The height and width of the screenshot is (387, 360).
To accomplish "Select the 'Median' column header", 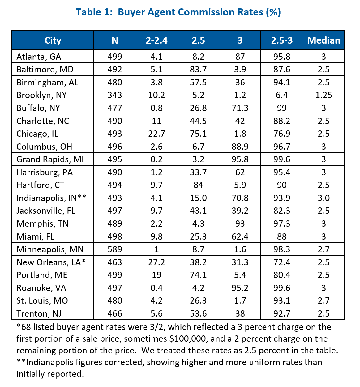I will click(324, 40).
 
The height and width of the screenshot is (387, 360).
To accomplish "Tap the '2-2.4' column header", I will click(156, 40).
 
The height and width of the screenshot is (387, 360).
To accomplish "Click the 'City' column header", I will click(53, 40).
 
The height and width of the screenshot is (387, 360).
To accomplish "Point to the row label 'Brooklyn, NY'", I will click(41, 95).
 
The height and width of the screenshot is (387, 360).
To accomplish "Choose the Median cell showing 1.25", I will click(324, 95).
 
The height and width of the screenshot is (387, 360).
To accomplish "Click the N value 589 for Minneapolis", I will click(115, 249).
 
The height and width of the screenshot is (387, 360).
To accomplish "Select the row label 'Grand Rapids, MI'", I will click(50, 159).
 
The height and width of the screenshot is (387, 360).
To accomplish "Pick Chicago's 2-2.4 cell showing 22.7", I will click(156, 134).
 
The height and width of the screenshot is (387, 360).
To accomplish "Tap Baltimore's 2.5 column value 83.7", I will click(198, 70).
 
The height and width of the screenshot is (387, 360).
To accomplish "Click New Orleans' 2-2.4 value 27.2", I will click(156, 262).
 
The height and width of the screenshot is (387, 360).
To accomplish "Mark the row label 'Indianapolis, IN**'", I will click(51, 198).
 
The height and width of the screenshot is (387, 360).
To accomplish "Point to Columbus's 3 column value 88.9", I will click(240, 147).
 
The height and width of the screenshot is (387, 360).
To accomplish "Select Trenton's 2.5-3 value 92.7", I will click(282, 314).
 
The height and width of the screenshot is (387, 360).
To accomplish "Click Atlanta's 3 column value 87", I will click(240, 57).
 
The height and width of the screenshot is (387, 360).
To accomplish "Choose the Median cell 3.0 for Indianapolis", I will click(324, 198).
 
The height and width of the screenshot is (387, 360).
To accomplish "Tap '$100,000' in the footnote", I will click(187, 339).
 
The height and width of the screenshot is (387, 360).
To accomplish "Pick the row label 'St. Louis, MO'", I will click(42, 301).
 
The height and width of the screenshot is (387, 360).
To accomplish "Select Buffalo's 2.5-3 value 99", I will click(282, 108).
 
